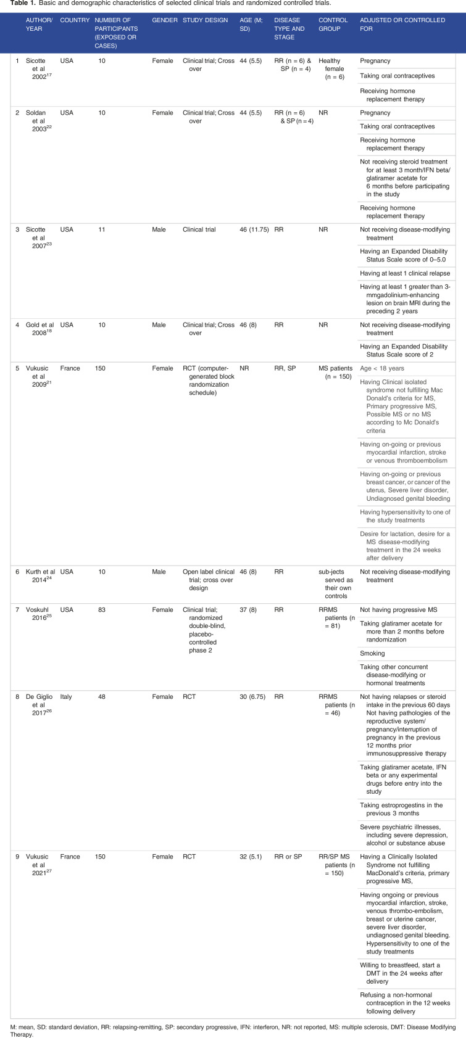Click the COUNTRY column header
pos(75,20)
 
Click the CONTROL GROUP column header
pos(333,24)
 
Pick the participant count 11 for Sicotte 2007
pos(102,229)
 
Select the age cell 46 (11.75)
pos(254,229)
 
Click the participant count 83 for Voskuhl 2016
pos(102,610)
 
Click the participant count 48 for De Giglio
pos(102,697)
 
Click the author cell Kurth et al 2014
pos(41,576)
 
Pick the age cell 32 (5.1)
pos(251,857)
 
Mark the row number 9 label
pos(17,857)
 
